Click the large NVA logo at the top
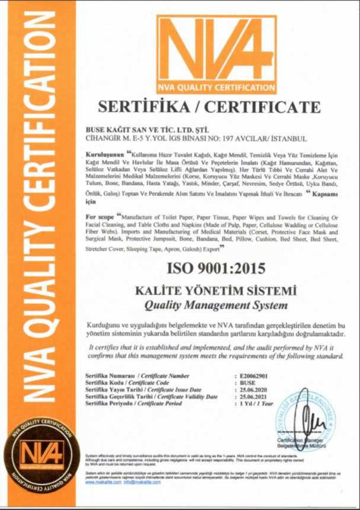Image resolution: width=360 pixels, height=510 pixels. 216,54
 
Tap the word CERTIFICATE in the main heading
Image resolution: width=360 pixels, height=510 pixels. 259,107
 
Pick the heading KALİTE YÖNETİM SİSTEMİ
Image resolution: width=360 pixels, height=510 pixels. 216,292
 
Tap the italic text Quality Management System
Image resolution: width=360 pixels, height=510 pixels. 216,305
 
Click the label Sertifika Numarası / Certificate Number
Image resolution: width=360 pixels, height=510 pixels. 137,376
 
